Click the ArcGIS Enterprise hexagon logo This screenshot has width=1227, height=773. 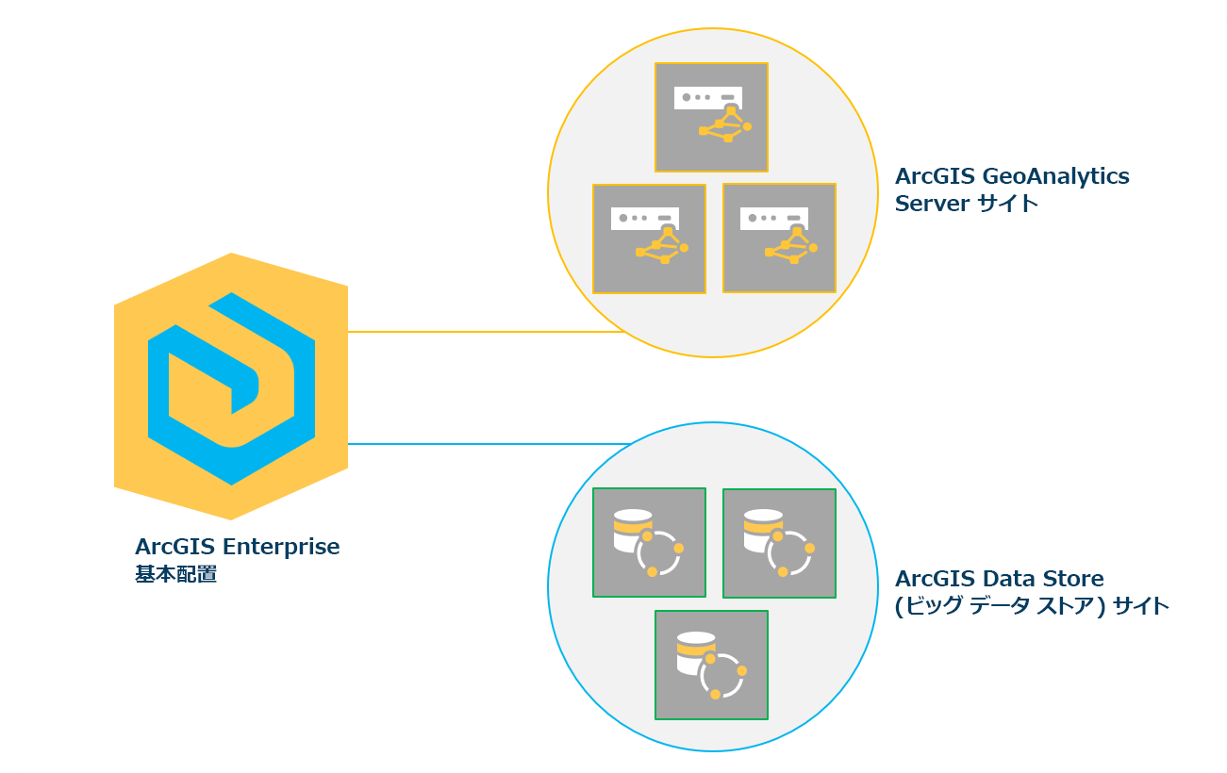point(231,386)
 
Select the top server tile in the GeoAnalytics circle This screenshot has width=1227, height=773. point(711,117)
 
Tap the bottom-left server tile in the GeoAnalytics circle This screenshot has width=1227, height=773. point(649,238)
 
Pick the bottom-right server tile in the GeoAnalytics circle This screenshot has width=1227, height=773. point(779,238)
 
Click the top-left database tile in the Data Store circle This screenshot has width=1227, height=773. point(649,542)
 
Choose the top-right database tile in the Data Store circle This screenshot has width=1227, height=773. point(779,543)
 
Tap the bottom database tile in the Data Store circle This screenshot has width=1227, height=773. point(711,665)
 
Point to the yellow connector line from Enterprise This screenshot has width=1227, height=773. point(486,332)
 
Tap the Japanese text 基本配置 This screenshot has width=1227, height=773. point(176,574)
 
